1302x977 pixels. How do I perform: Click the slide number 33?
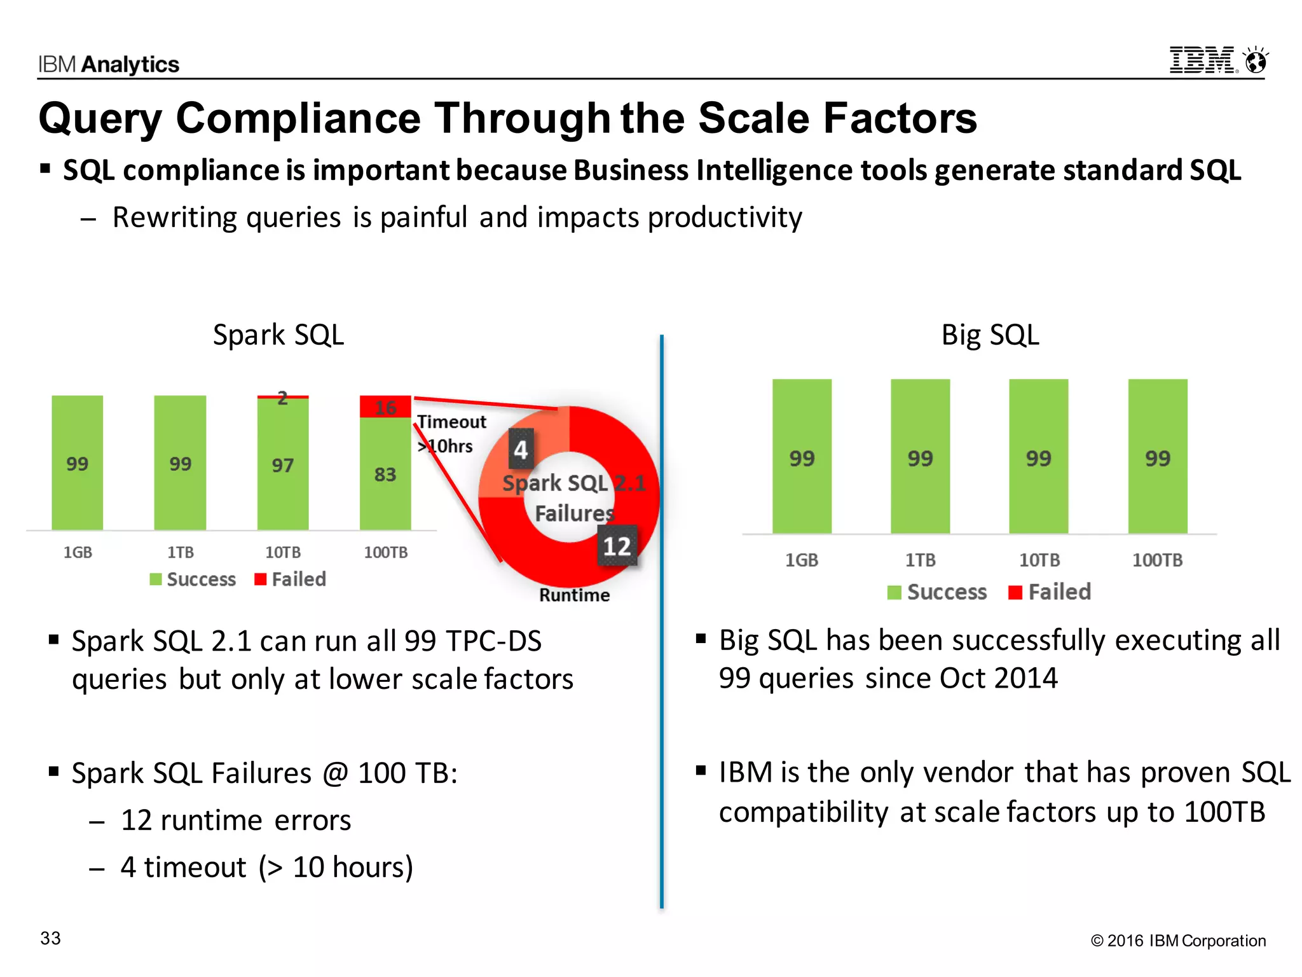point(50,938)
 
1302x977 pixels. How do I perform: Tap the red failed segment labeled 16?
point(385,407)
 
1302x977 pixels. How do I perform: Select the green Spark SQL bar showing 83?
point(385,474)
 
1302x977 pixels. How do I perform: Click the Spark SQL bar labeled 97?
point(283,465)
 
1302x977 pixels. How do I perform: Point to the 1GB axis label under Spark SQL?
point(78,552)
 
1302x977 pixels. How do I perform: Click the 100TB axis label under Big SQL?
point(1157,560)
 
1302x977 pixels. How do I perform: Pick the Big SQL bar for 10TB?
point(1038,457)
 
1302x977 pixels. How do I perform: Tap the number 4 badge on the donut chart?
point(521,450)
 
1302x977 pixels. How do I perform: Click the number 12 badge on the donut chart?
point(617,546)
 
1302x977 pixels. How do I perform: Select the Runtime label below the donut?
point(574,595)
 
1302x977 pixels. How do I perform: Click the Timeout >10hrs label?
point(451,433)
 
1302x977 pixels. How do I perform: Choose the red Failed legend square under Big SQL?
point(1015,593)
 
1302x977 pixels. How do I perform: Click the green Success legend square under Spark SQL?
point(156,579)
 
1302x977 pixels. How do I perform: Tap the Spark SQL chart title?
point(278,335)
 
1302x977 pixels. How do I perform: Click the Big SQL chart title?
point(990,335)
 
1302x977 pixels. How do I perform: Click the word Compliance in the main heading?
point(298,118)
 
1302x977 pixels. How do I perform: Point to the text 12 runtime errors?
point(235,820)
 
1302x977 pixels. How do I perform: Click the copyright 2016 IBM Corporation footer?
point(1178,940)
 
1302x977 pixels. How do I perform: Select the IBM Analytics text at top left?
point(109,64)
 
